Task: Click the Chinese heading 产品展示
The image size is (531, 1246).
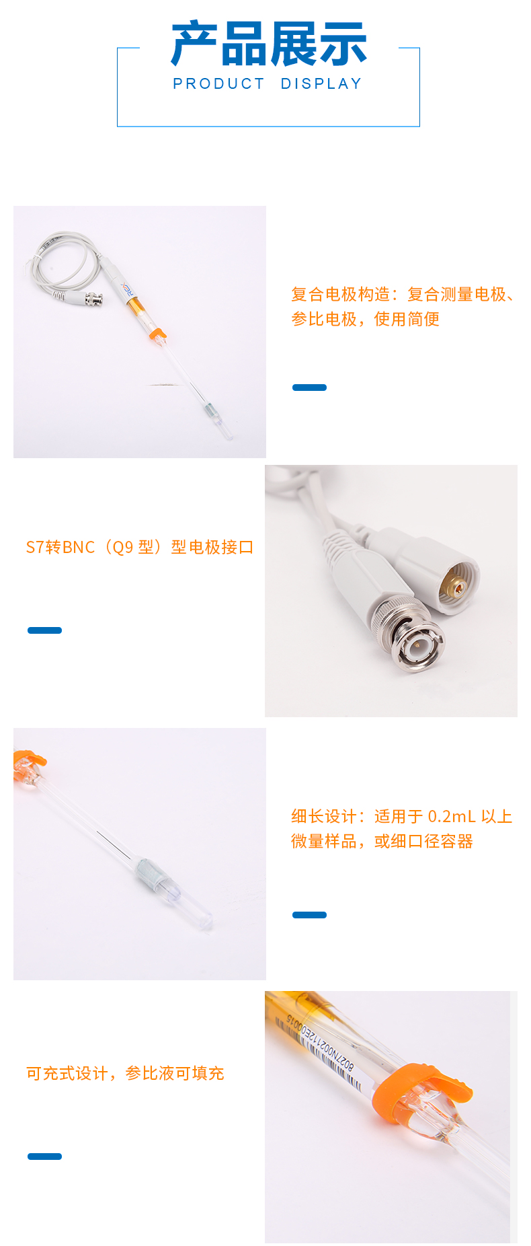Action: pyautogui.click(x=269, y=44)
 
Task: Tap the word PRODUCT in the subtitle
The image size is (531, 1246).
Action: pyautogui.click(x=219, y=84)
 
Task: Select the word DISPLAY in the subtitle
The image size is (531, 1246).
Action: pyautogui.click(x=321, y=84)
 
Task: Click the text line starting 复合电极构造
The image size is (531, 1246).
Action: pyautogui.click(x=403, y=294)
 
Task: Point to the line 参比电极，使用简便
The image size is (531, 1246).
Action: pyautogui.click(x=365, y=319)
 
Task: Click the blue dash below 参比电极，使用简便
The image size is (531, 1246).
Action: pyautogui.click(x=309, y=388)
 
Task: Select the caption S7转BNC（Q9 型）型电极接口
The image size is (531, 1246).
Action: pyautogui.click(x=140, y=547)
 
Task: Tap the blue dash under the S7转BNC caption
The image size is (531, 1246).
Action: pyautogui.click(x=44, y=630)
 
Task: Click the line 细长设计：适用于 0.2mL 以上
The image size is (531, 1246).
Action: pyautogui.click(x=402, y=816)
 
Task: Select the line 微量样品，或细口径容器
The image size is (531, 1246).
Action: pyautogui.click(x=382, y=841)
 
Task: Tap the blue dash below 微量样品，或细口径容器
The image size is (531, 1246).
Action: pyautogui.click(x=309, y=915)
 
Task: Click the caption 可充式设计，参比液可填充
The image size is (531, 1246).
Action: pyautogui.click(x=125, y=1073)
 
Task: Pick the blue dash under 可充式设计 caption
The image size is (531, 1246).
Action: pyautogui.click(x=44, y=1157)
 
